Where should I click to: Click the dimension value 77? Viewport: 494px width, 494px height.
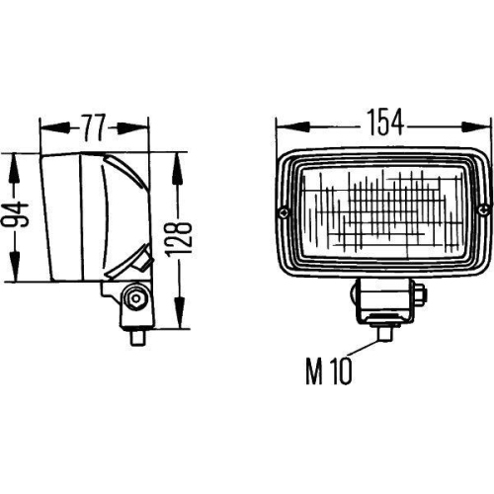coord(93,125)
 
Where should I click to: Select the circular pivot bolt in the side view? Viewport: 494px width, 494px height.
coord(134,297)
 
